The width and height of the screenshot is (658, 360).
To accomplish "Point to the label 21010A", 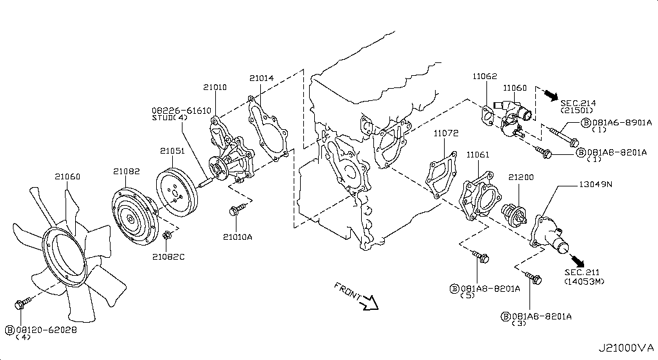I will tap(238, 237).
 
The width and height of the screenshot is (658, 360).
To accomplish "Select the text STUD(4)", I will tap(170, 118).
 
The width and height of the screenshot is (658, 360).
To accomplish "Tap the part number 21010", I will tap(215, 87).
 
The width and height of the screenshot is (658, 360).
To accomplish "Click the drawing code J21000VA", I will tap(625, 348).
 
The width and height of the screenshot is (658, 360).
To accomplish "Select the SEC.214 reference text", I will tap(578, 102).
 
